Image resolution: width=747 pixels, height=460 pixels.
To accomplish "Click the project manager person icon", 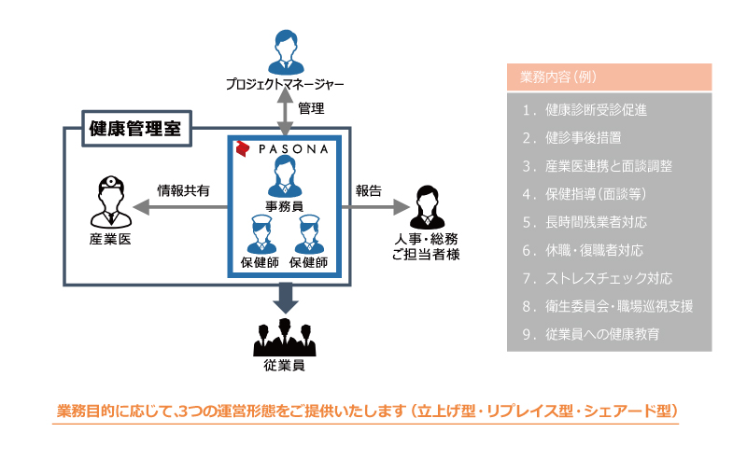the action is tap(286, 52).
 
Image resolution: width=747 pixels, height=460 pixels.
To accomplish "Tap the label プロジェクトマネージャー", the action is tap(285, 84).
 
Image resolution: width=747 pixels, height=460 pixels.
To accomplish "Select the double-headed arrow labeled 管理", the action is tap(285, 112).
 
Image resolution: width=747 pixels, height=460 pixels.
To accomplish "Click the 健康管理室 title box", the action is tap(136, 129).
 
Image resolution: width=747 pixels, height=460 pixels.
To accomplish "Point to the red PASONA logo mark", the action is tap(243, 148).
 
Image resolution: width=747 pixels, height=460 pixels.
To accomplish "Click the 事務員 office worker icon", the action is tap(285, 176).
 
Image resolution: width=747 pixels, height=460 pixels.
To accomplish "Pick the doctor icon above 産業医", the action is tap(111, 202).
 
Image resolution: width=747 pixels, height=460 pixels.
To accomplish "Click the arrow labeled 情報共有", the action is tap(180, 207).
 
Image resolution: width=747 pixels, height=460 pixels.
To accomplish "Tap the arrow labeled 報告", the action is tap(375, 207).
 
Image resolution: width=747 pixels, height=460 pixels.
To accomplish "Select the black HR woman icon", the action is tap(428, 207).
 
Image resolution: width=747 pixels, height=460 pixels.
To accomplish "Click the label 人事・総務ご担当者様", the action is tap(426, 246).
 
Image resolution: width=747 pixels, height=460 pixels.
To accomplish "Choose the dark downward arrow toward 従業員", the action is tap(286, 298).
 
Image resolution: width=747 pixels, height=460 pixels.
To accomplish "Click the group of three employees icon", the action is tap(285, 337).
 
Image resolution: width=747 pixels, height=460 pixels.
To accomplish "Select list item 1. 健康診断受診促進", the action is tap(585, 110).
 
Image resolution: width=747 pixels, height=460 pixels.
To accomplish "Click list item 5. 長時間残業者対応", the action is tap(585, 222).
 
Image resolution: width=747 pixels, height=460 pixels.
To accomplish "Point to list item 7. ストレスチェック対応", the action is tap(598, 278).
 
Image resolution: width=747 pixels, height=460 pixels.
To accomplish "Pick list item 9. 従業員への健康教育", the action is tap(591, 334).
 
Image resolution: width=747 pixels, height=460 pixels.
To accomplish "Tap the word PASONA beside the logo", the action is tap(293, 149).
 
